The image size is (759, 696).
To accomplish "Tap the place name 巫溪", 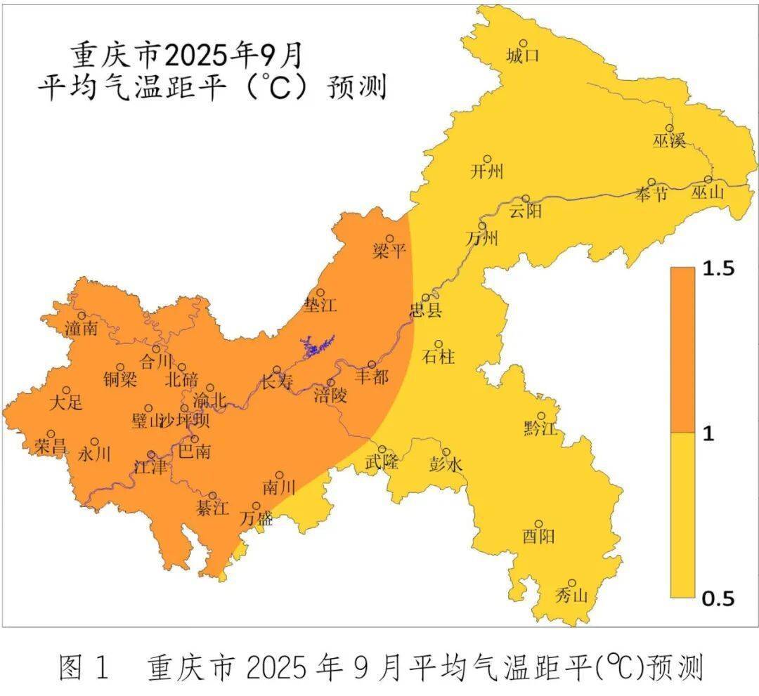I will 668,140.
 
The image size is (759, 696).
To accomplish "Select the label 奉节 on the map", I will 651,195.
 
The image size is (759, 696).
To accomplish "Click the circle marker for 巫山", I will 708,180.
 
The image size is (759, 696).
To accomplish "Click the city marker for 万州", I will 483,225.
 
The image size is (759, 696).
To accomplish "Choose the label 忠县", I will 426,310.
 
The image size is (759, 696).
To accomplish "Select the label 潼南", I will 81,328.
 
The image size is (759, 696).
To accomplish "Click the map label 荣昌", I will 51,446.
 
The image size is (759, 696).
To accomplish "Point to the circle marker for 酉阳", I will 539,524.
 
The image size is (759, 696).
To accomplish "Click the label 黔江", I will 540,428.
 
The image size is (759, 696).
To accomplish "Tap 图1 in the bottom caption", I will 84,667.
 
